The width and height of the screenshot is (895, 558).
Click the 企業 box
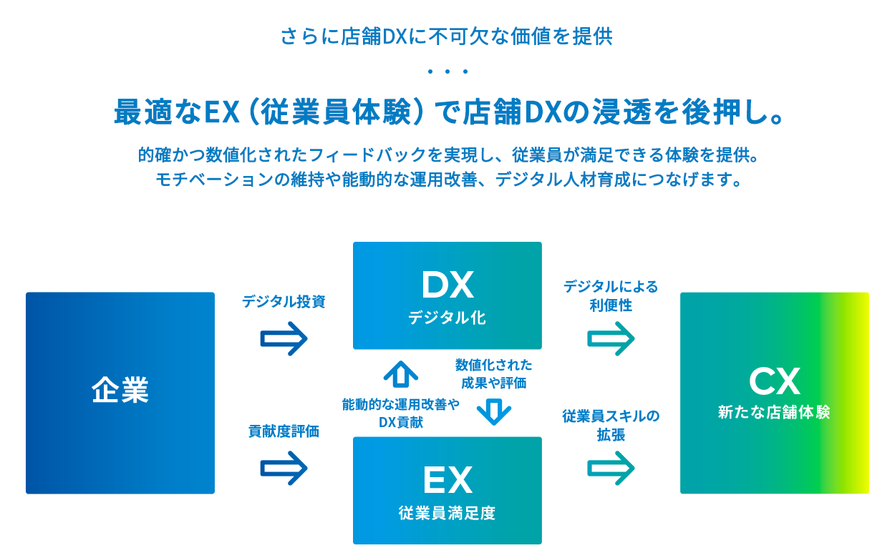tap(120, 392)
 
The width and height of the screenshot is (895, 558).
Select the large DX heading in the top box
tap(447, 285)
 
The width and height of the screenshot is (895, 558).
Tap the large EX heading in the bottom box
tap(447, 480)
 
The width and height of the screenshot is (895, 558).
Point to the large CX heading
tap(774, 382)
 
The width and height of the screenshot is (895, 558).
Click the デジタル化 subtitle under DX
tap(447, 318)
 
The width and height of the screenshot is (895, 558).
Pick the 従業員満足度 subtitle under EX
tap(447, 513)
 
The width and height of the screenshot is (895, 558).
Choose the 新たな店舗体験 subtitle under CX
tap(774, 413)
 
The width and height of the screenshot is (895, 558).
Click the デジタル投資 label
tap(284, 302)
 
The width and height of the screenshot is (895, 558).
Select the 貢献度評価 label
tap(284, 431)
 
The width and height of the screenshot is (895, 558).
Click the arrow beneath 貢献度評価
tap(284, 469)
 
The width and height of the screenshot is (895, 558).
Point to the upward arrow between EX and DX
tap(400, 373)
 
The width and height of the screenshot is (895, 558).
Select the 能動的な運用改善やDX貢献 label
tap(400, 413)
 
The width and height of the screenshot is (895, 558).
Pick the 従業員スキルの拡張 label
tap(611, 425)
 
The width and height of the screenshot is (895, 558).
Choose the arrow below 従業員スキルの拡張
tap(611, 469)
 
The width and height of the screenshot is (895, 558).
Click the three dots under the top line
tap(447, 72)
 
